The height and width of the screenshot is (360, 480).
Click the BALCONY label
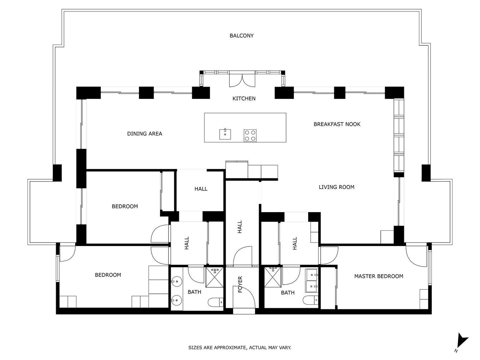pos(241,36)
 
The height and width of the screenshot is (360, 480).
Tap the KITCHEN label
pos(244,99)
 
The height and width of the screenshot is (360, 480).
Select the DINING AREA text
pos(145,134)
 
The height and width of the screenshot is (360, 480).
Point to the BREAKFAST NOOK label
pos(337,124)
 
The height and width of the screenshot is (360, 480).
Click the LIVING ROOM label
pos(336,187)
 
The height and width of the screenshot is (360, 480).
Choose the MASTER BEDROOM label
pos(379,276)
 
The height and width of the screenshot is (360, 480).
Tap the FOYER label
pos(240,284)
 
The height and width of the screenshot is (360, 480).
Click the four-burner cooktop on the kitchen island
pos(250,135)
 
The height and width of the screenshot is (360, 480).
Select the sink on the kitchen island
pos(225,134)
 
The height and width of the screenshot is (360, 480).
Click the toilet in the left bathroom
pos(215,302)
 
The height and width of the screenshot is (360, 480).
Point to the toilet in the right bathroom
pos(311,300)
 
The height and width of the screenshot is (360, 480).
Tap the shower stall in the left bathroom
pos(215,277)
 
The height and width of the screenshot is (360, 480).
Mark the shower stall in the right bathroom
pos(273,277)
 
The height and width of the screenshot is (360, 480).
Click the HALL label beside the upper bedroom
pos(201,189)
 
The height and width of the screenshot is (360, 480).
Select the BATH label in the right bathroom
pos(287,292)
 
